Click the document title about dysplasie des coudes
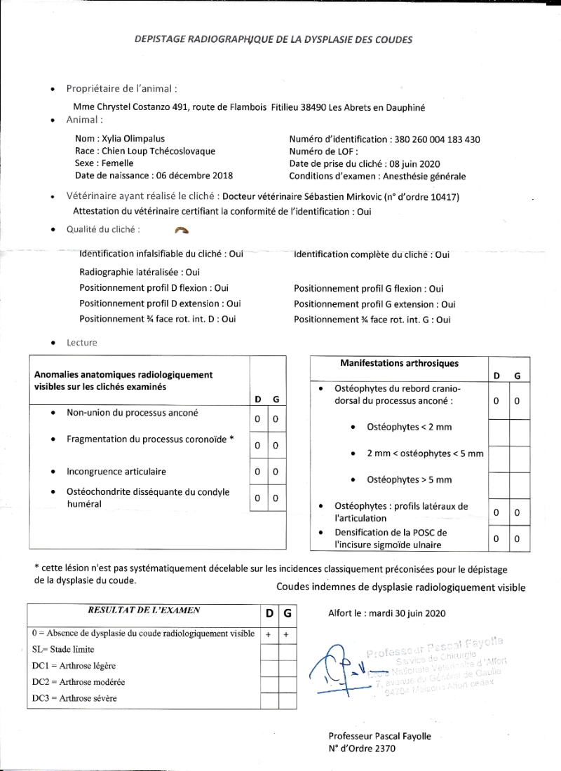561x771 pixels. [273, 40]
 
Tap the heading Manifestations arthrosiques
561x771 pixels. [399, 363]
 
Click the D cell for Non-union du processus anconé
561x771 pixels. [258, 419]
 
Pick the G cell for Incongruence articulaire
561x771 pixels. [276, 472]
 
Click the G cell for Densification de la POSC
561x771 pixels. [517, 539]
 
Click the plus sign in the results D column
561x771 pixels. [269, 633]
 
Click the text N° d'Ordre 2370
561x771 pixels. [362, 749]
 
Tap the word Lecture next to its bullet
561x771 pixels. [82, 343]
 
